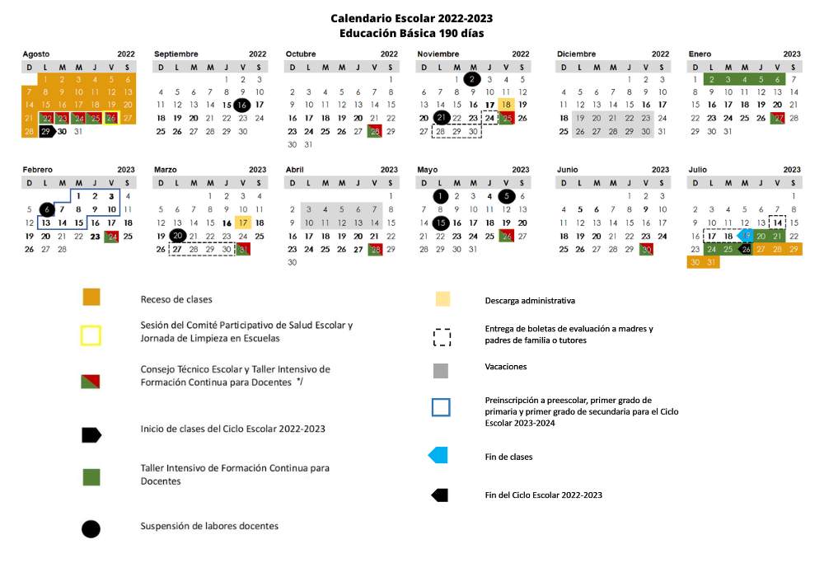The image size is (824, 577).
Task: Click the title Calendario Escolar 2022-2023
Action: [412, 18]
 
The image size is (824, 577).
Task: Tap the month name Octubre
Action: [301, 54]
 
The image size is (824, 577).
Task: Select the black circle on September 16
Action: [242, 105]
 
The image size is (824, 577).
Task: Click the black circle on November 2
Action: [472, 79]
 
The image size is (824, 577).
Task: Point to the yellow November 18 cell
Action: [506, 105]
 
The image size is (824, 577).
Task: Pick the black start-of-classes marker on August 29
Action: [46, 131]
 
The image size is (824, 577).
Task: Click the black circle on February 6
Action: [47, 209]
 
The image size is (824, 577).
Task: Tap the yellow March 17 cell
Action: [242, 223]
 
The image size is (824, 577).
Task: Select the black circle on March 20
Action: [177, 236]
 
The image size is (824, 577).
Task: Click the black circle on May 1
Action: [440, 196]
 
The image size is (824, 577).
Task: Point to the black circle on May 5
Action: [506, 196]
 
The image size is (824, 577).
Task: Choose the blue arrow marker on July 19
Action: [745, 236]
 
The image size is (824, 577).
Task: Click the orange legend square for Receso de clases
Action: [91, 298]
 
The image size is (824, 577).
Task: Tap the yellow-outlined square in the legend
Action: [91, 335]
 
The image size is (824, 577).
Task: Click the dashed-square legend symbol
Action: [442, 337]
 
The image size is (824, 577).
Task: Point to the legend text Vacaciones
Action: [506, 366]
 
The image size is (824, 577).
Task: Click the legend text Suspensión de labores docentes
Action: [209, 526]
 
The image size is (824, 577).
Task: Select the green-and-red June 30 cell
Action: [646, 249]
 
